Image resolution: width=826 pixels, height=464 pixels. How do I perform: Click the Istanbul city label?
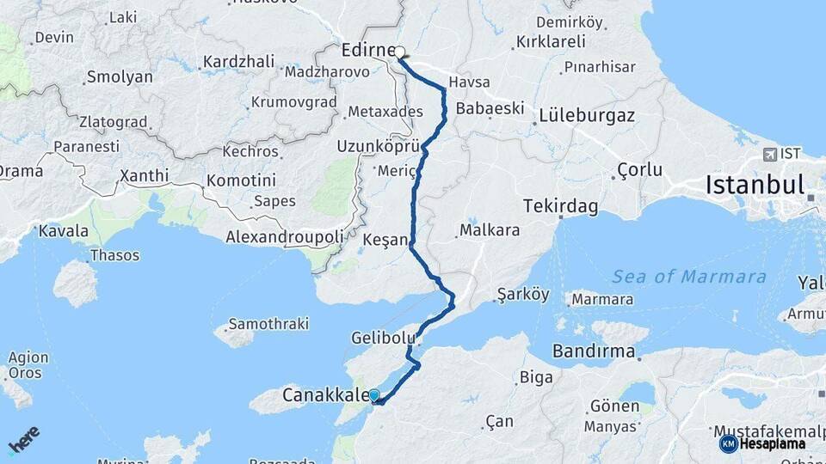pyautogui.click(x=754, y=185)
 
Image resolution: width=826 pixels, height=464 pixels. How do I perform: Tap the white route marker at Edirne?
pyautogui.click(x=400, y=52)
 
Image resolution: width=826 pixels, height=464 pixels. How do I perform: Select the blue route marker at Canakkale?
pyautogui.click(x=373, y=395)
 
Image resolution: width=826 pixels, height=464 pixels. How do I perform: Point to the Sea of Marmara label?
pyautogui.click(x=688, y=277)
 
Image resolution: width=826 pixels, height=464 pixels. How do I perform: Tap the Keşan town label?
pyautogui.click(x=384, y=239)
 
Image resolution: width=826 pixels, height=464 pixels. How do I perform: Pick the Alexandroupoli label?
pyautogui.click(x=284, y=236)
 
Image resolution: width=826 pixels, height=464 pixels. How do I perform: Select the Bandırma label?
pyautogui.click(x=594, y=351)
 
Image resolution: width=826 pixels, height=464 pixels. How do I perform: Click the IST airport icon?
pyautogui.click(x=769, y=155)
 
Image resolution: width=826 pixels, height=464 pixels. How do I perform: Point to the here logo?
pyautogui.click(x=23, y=440)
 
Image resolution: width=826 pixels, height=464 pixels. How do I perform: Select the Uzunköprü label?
pyautogui.click(x=378, y=145)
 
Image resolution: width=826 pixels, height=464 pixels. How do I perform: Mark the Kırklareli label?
pyautogui.click(x=551, y=41)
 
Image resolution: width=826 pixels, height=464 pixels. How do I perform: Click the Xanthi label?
pyautogui.click(x=144, y=175)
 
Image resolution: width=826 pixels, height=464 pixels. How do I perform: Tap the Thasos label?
pyautogui.click(x=114, y=255)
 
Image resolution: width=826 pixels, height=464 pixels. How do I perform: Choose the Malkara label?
pyautogui.click(x=489, y=230)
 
